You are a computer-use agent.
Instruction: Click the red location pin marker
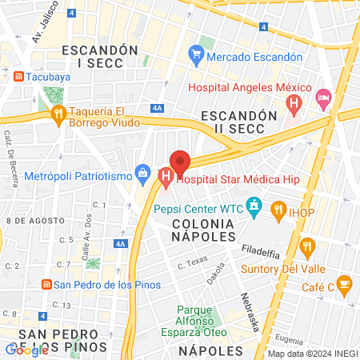(180, 163)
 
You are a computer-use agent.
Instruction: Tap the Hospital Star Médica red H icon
(166, 177)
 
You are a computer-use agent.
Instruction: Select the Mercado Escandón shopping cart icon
(195, 56)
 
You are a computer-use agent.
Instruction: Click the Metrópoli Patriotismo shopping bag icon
(143, 172)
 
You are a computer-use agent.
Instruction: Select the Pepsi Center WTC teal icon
(254, 207)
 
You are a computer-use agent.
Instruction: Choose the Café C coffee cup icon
(344, 283)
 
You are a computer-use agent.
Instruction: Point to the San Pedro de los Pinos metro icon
(46, 284)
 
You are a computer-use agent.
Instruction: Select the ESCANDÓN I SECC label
(104, 56)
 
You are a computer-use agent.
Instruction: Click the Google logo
(26, 349)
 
